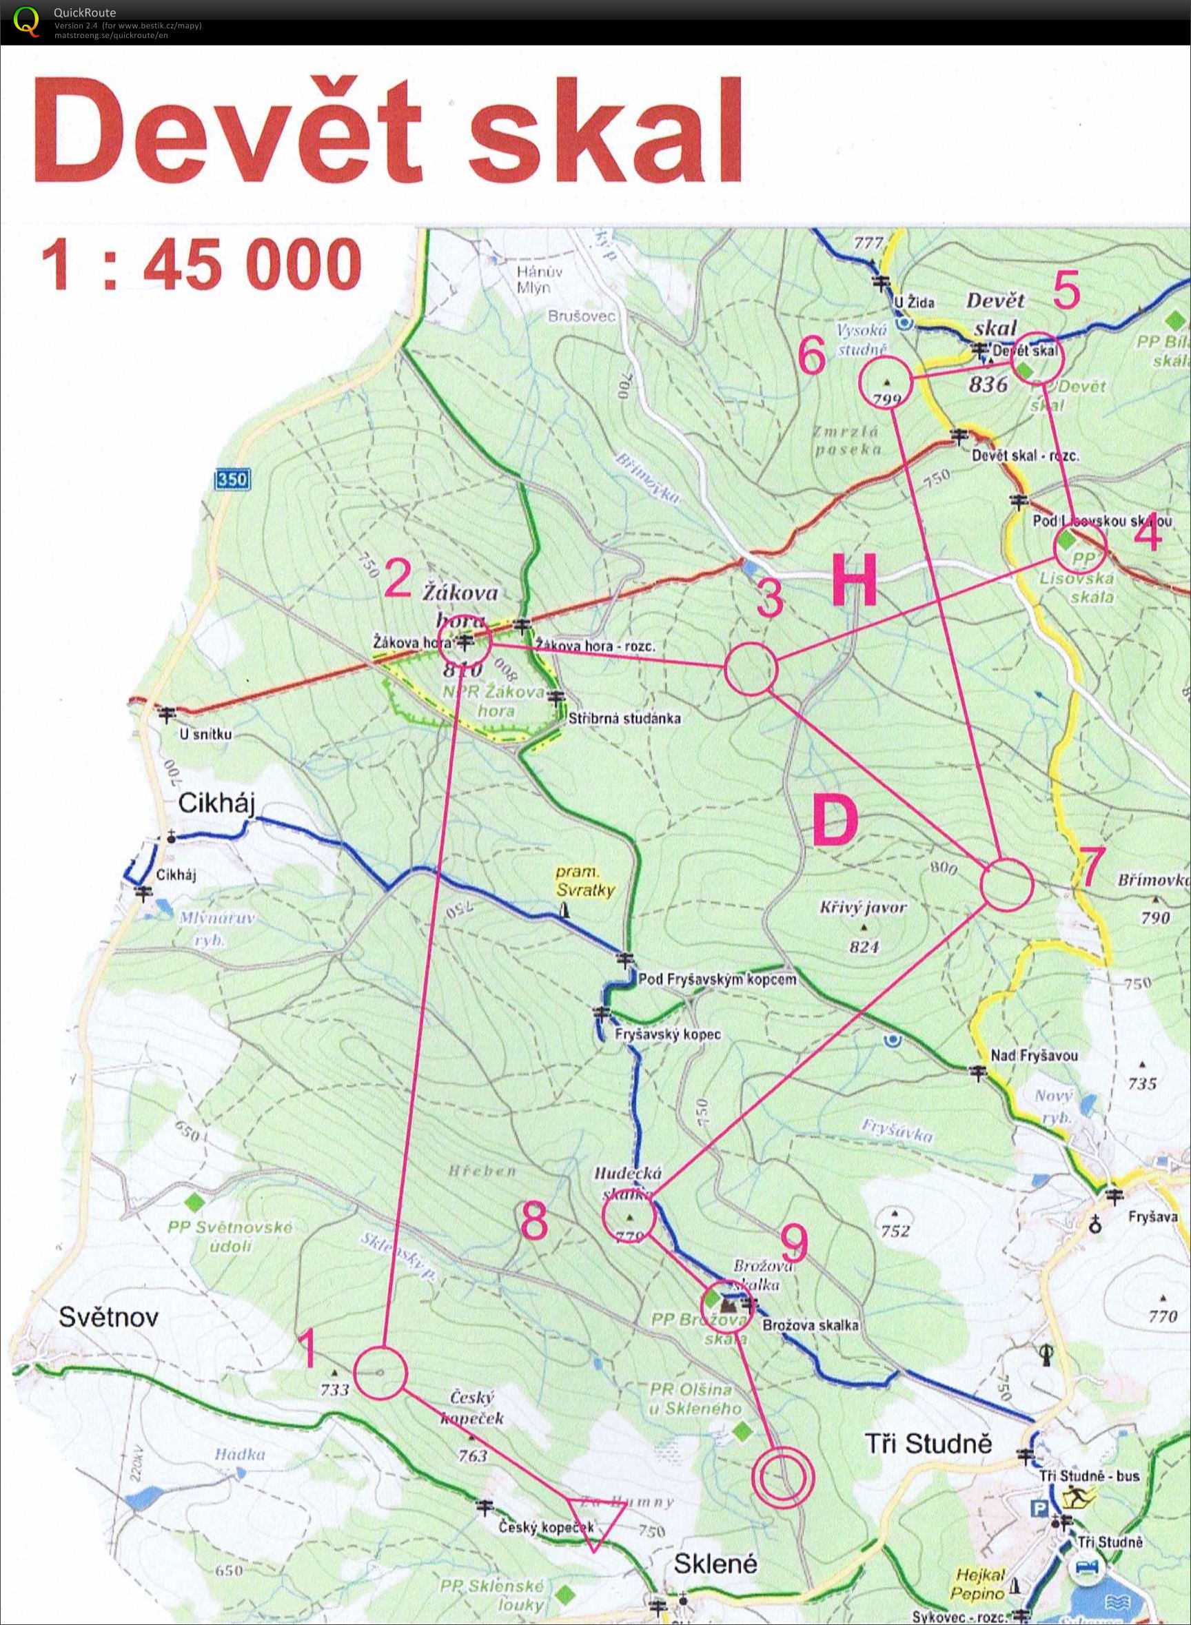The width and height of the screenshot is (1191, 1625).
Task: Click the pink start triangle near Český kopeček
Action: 595,1519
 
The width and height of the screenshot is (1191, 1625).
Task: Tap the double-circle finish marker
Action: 782,1478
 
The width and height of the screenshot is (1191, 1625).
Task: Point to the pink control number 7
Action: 1090,866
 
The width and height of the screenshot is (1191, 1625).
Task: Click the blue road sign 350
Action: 232,479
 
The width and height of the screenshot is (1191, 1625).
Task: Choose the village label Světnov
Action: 108,1317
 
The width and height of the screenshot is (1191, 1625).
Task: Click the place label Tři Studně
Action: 928,1443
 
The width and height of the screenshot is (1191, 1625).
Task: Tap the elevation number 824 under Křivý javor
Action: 864,946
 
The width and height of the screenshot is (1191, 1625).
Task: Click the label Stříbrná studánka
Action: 624,718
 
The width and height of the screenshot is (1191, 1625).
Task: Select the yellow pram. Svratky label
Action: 584,881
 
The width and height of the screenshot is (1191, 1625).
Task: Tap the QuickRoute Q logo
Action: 27,20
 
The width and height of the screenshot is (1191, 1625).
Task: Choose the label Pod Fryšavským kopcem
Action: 717,979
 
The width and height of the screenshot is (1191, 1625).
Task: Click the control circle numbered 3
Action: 751,669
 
